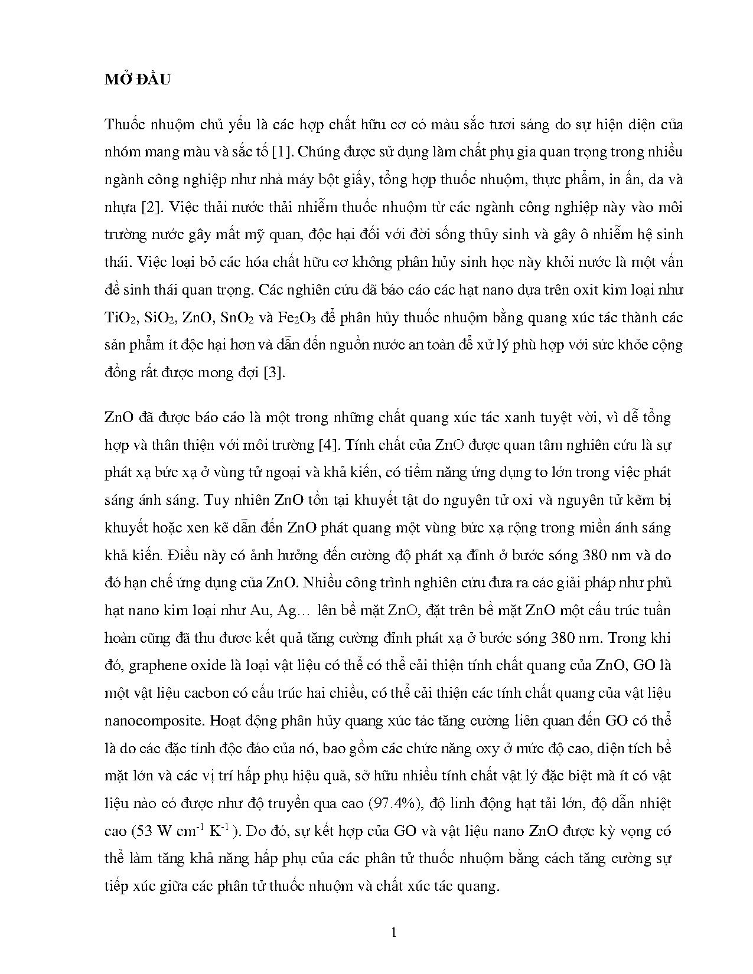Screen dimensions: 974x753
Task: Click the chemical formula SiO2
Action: coord(159,318)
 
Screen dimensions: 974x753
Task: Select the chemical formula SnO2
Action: coord(236,318)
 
